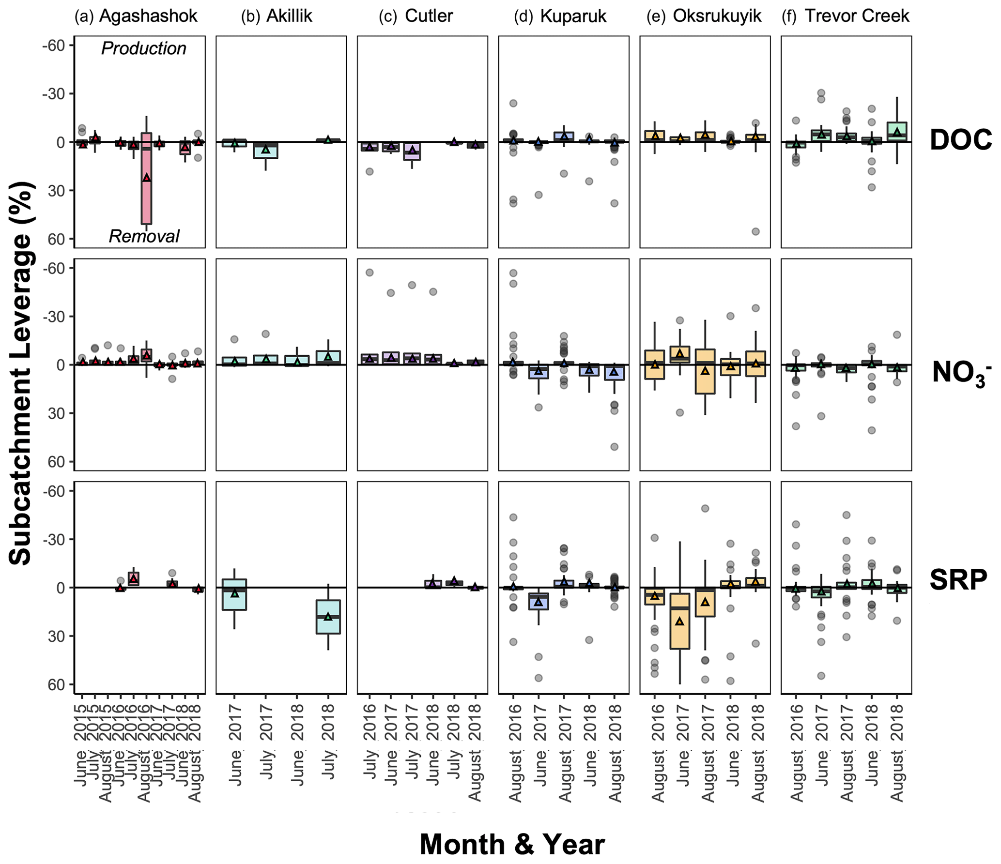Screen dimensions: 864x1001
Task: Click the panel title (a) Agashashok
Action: (136, 16)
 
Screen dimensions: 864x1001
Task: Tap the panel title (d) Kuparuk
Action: (560, 16)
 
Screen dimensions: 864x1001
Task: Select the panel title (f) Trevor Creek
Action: (846, 16)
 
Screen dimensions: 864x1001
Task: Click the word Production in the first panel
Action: (143, 48)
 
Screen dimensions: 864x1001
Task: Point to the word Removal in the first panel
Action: (144, 236)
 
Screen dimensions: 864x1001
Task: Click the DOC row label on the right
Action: (961, 140)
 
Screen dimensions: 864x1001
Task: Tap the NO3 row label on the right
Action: (961, 373)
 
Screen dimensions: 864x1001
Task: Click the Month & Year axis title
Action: (512, 845)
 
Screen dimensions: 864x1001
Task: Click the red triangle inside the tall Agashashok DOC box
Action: (147, 178)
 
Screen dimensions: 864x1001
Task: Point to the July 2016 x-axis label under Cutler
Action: (370, 741)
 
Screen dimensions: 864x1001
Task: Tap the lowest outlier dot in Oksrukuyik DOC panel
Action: (755, 231)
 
